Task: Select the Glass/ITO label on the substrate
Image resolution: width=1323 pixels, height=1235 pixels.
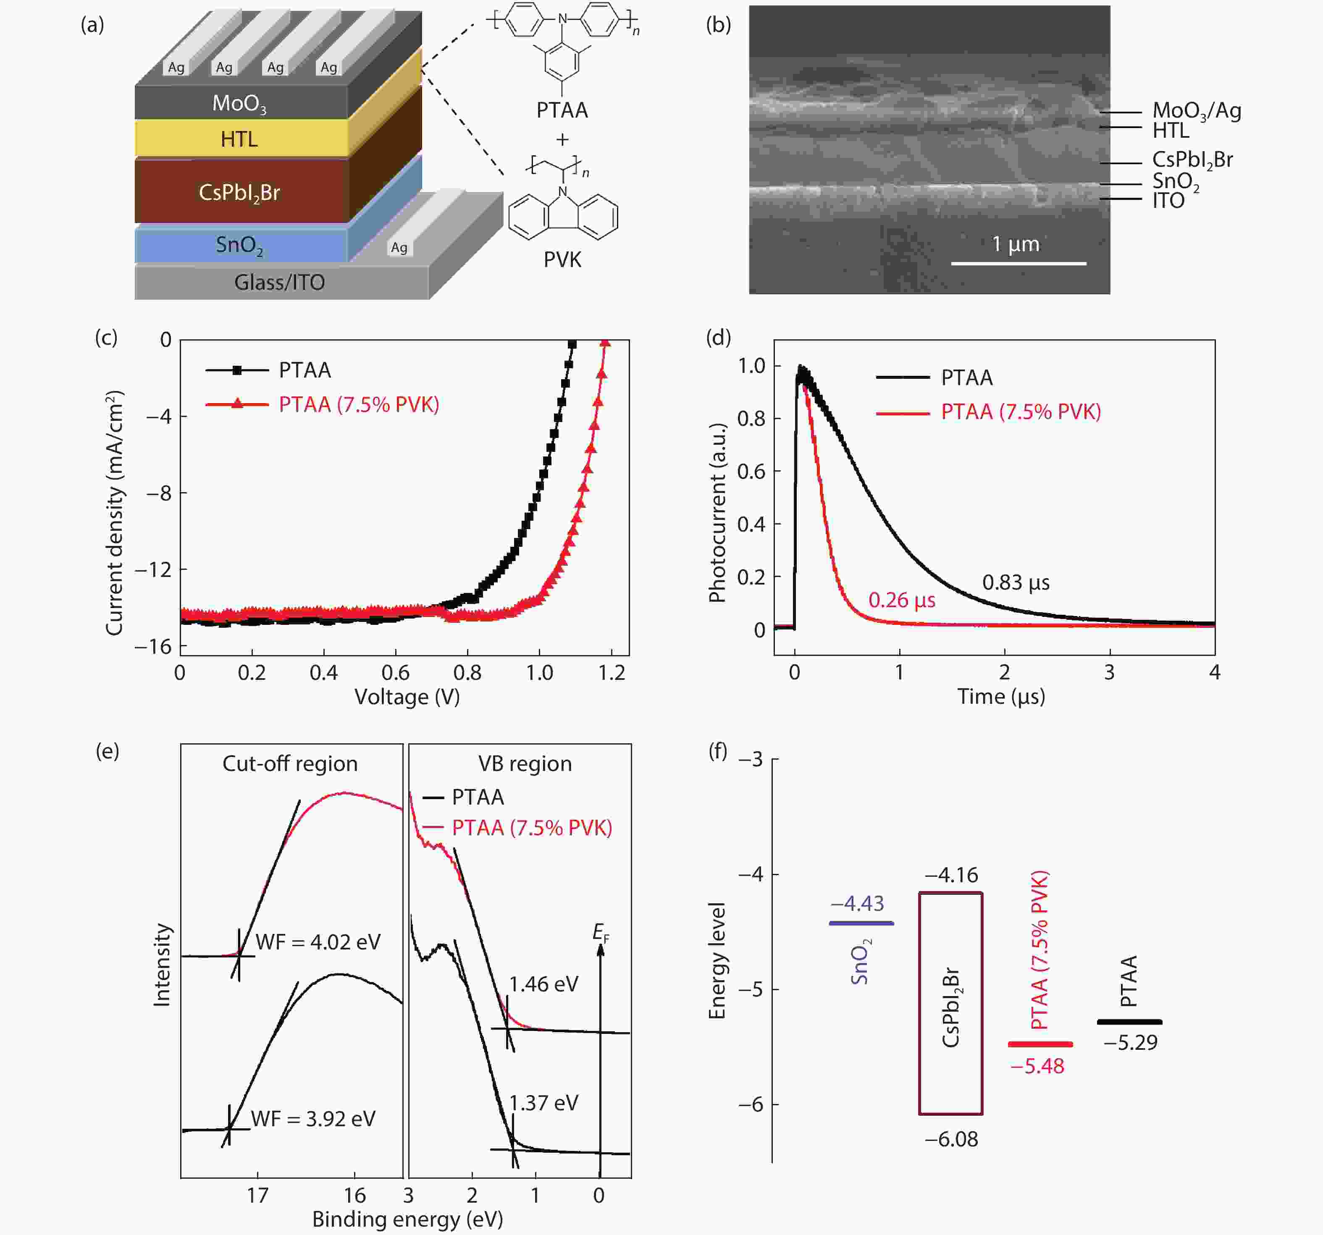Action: [279, 282]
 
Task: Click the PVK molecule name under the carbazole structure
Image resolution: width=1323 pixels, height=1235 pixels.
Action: [562, 260]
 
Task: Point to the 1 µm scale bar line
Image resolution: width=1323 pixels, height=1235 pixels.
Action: [1018, 263]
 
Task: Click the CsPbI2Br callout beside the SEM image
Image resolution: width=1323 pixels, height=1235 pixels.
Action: [1192, 160]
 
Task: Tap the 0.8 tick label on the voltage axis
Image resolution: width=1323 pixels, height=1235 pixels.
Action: [467, 673]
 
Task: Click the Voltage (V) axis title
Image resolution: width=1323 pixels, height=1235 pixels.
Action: [407, 697]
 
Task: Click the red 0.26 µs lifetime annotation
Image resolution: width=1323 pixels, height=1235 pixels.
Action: [902, 600]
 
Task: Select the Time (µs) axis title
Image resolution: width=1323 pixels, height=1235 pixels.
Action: [1001, 697]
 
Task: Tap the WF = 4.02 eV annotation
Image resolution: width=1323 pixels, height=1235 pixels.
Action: [318, 942]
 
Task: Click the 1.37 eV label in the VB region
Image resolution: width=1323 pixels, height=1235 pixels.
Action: [544, 1103]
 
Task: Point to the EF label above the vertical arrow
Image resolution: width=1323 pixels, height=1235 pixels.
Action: [601, 932]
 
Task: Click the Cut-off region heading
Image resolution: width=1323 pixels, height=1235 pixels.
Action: [290, 763]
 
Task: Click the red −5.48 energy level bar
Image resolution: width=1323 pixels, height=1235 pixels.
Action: [1039, 1044]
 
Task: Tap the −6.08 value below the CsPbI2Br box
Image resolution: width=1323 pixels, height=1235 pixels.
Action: [951, 1139]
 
